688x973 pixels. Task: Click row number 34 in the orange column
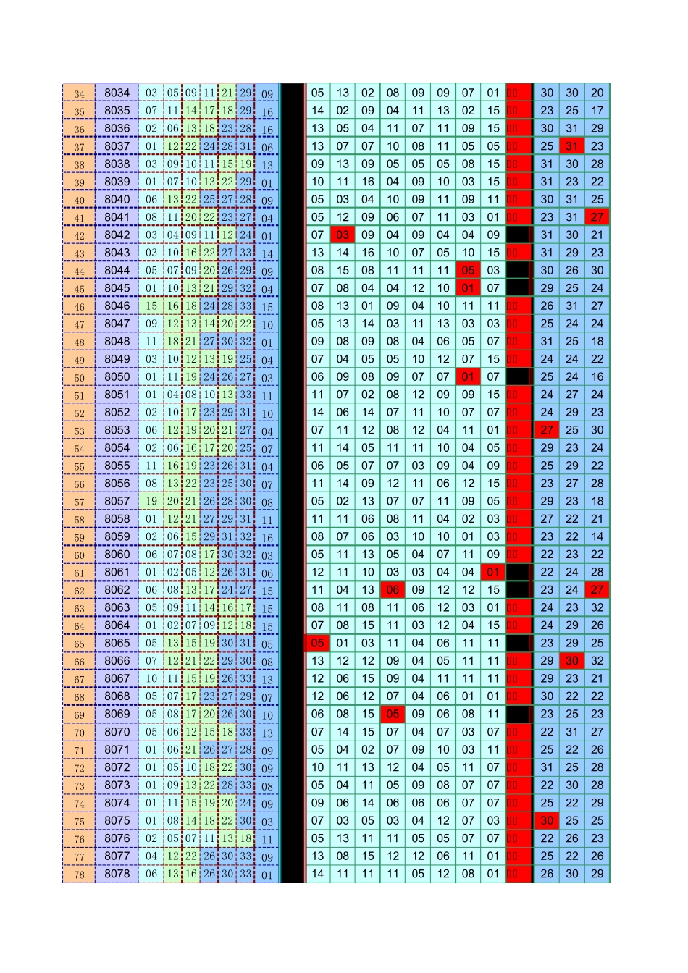tap(79, 93)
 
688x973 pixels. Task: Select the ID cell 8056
tap(117, 484)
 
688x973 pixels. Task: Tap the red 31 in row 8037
tap(572, 146)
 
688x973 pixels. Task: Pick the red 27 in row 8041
tap(597, 217)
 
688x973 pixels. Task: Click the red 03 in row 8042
tap(343, 235)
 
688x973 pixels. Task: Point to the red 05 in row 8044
tap(468, 270)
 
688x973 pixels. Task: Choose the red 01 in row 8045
tap(468, 288)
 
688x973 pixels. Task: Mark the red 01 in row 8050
tap(468, 376)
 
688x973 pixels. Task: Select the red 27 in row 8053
tap(547, 430)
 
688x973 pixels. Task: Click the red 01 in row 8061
tap(493, 572)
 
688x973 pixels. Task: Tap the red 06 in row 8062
tap(393, 590)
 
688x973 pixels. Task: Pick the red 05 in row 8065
tap(317, 643)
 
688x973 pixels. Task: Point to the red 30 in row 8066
tap(572, 661)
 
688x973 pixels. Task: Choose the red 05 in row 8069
tap(393, 714)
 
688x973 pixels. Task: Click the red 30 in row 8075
tap(547, 820)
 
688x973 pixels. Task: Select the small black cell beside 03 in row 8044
tap(518, 270)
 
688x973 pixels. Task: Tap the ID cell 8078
tap(117, 874)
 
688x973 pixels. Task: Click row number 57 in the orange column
tap(79, 501)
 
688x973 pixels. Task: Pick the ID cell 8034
tap(117, 93)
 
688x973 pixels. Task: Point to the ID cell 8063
tap(117, 607)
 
